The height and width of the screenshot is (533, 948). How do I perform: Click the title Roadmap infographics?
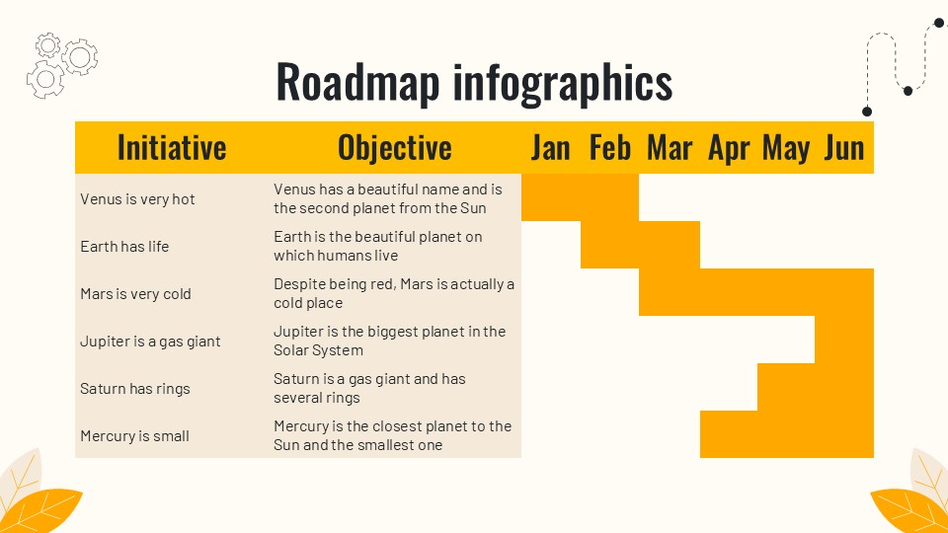pyautogui.click(x=474, y=82)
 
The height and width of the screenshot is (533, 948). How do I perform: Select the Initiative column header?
pyautogui.click(x=172, y=148)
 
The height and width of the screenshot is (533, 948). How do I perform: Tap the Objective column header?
pyautogui.click(x=394, y=148)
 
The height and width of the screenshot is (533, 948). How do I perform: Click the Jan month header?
pyautogui.click(x=550, y=148)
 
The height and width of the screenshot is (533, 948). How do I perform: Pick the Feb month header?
pyautogui.click(x=609, y=148)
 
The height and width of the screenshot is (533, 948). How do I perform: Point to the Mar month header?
pyautogui.click(x=669, y=148)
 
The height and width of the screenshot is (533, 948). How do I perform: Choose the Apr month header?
pyautogui.click(x=729, y=148)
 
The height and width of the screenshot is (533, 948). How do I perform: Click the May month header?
pyautogui.click(x=786, y=148)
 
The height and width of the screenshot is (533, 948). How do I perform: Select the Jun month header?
pyautogui.click(x=844, y=148)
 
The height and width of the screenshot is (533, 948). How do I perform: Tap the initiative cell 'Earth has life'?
pyautogui.click(x=124, y=247)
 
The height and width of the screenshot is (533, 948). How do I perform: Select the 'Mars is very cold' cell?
pyautogui.click(x=135, y=294)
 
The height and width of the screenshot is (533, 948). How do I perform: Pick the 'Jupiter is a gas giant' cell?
pyautogui.click(x=150, y=342)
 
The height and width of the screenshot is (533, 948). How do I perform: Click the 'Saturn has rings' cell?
pyautogui.click(x=134, y=389)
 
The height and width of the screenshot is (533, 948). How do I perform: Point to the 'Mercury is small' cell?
pyautogui.click(x=134, y=436)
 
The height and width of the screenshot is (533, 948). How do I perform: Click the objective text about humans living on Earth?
pyautogui.click(x=377, y=247)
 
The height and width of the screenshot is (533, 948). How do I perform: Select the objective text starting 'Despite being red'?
pyautogui.click(x=393, y=294)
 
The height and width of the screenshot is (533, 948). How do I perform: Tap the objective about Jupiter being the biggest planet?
pyautogui.click(x=389, y=342)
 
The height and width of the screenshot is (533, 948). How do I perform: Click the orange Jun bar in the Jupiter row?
pyautogui.click(x=844, y=340)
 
